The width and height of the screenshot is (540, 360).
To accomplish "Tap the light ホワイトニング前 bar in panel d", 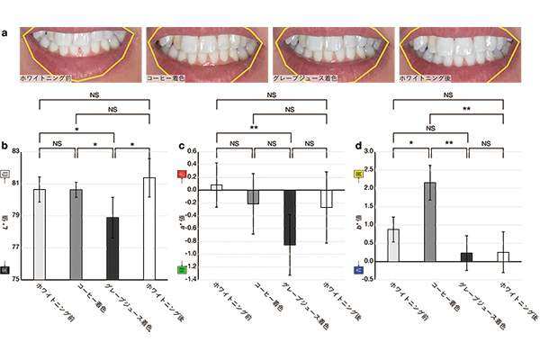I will pos(392,245).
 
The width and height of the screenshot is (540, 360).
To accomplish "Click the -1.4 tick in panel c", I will pos(193,280).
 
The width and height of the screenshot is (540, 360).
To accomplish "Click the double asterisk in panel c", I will pos(255,128).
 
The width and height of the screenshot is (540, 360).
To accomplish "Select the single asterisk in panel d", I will pos(411,142).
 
